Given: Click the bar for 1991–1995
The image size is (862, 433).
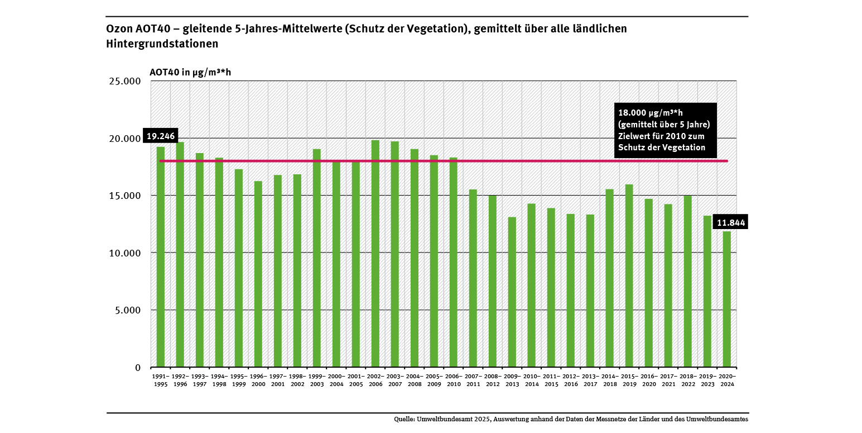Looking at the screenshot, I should tap(161, 257).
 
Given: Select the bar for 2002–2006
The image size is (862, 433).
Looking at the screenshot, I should tap(375, 254).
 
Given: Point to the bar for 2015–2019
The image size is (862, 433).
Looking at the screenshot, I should tap(629, 276).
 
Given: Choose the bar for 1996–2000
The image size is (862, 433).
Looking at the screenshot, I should tap(258, 274).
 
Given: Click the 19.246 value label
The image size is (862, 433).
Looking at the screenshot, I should tap(160, 136).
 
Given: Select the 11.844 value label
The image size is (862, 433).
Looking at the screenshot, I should tap(731, 223).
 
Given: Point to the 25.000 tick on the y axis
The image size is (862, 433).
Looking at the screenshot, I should tap(126, 82).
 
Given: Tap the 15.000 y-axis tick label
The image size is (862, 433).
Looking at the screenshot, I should tap(126, 196).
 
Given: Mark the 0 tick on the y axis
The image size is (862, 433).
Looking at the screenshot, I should tap(138, 368).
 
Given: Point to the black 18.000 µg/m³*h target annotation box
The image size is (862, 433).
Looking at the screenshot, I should tap(665, 130).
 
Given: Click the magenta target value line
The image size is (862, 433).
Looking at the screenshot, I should tap(446, 161).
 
